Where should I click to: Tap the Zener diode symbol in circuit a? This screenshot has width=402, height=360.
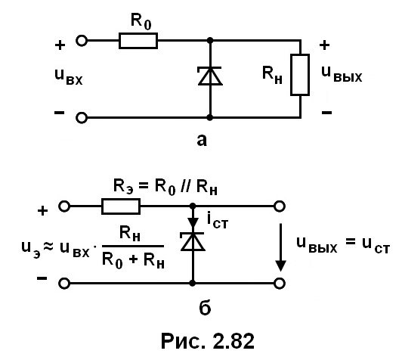click(x=210, y=76)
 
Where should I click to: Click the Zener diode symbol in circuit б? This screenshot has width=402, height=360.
click(x=193, y=241)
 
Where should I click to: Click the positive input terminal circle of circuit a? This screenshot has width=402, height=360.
click(x=82, y=41)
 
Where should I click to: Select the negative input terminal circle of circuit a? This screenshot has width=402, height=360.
click(x=82, y=118)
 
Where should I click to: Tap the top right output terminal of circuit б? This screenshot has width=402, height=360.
click(x=280, y=206)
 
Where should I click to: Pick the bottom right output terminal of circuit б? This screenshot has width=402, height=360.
click(x=280, y=284)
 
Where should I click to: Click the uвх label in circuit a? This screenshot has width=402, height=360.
click(x=69, y=76)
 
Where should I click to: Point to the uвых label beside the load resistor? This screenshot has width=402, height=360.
click(x=342, y=74)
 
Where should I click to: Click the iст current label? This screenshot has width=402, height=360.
click(x=218, y=221)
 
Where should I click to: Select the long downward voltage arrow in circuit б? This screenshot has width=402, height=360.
click(x=281, y=247)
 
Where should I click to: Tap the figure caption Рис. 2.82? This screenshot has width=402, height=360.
click(x=208, y=341)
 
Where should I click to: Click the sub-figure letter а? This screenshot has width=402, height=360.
click(x=202, y=141)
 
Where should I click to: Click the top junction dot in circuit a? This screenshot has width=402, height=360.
click(x=210, y=41)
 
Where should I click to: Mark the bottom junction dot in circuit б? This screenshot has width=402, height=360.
click(x=193, y=284)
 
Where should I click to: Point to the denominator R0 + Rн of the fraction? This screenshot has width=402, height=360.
click(x=133, y=260)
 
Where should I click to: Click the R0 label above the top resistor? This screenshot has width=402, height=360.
click(x=141, y=21)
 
